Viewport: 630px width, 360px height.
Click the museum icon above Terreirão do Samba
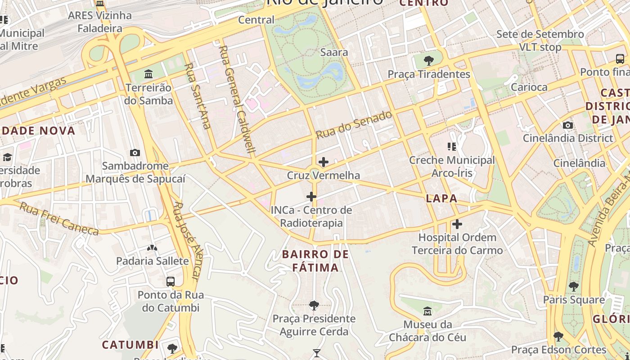148,73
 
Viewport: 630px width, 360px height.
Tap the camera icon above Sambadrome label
135,153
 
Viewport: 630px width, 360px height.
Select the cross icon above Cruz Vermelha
323,162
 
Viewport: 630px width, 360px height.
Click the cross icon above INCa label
311,197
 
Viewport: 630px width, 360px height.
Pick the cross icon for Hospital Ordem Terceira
457,224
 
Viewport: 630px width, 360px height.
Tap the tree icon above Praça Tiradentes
429,60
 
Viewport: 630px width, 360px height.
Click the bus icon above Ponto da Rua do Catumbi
171,282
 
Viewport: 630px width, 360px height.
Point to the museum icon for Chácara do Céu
427,311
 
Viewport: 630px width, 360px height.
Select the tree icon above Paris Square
573,286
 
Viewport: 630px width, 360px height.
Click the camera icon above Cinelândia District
568,125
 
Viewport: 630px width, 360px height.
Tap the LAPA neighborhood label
441,198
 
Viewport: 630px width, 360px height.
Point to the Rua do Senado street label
354,125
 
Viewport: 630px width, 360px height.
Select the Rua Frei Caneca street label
59,219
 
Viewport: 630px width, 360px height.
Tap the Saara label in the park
334,52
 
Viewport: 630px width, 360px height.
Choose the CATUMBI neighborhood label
130,345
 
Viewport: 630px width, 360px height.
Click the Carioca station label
529,87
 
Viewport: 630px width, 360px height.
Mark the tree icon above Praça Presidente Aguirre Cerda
314,306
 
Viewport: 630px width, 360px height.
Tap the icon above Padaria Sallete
152,247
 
